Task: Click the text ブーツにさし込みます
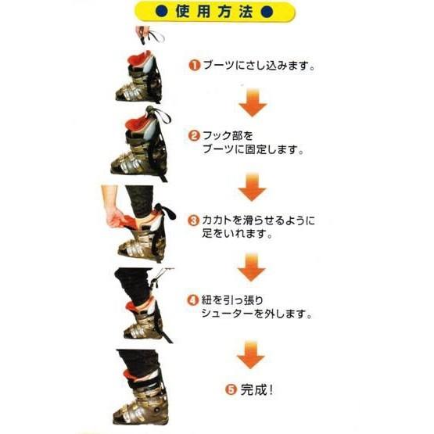[x=258, y=66]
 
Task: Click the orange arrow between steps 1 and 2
[x=252, y=102]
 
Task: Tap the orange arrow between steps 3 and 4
[x=252, y=267]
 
